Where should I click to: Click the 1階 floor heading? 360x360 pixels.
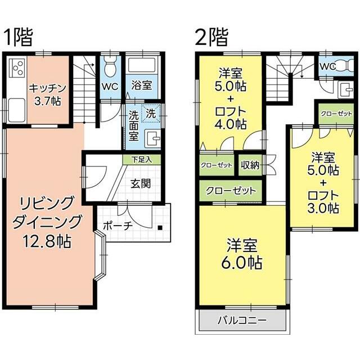pyautogui.click(x=18, y=37)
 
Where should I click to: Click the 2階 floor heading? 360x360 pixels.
pyautogui.click(x=211, y=37)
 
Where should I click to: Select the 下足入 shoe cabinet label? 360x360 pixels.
pyautogui.click(x=141, y=160)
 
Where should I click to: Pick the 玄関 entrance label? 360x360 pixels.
pyautogui.click(x=141, y=183)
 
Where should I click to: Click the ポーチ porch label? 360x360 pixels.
pyautogui.click(x=117, y=225)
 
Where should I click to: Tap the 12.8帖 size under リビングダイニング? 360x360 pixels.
pyautogui.click(x=46, y=242)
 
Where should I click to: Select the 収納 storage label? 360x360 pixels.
pyautogui.click(x=250, y=165)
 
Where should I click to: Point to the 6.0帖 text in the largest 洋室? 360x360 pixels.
pyautogui.click(x=244, y=262)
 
